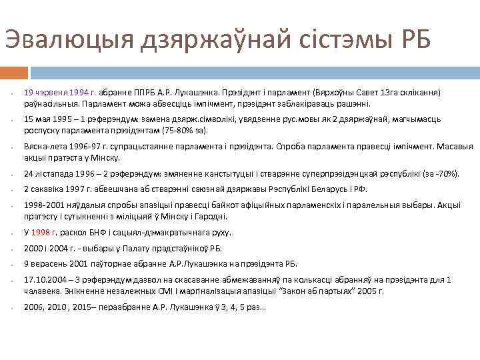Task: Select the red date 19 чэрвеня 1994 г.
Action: pyautogui.click(x=61, y=93)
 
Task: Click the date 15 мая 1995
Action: pyautogui.click(x=51, y=117)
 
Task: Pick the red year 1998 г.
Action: pyautogui.click(x=45, y=233)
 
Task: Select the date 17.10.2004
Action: pyautogui.click(x=46, y=279)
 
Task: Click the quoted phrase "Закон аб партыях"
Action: pyautogui.click(x=346, y=291)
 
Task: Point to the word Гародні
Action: pyautogui.click(x=210, y=217)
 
